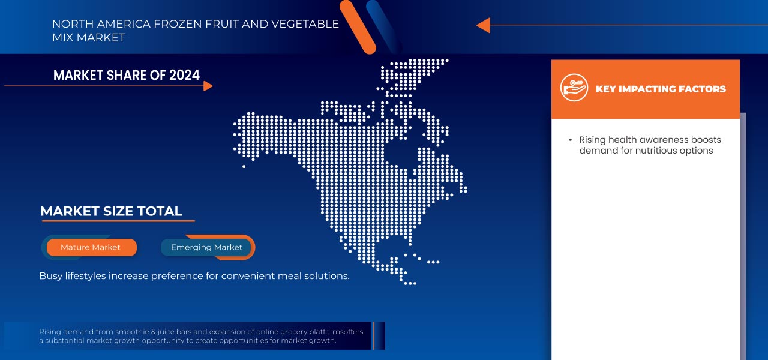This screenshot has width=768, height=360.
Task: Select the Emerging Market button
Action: (x=206, y=247)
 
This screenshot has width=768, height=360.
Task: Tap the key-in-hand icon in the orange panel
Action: (x=574, y=88)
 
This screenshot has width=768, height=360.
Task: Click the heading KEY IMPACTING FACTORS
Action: (x=661, y=89)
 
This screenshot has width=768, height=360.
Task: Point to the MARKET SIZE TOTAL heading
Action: (x=111, y=211)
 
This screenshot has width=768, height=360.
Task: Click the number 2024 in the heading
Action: (x=184, y=75)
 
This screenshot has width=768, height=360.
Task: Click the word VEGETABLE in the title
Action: (x=305, y=24)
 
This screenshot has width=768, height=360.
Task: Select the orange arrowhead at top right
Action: (x=483, y=25)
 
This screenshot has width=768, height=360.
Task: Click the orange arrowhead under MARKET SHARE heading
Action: (x=208, y=86)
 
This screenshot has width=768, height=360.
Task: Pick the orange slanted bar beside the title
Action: (x=358, y=27)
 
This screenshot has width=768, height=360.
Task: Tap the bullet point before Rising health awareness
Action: (x=570, y=140)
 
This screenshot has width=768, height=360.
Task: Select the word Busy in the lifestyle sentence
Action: (x=51, y=276)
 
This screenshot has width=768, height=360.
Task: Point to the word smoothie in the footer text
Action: (x=131, y=332)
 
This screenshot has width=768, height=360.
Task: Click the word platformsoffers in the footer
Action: (x=336, y=332)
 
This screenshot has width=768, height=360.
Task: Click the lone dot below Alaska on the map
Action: (x=244, y=167)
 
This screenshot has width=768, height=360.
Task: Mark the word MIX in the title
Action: (x=63, y=38)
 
